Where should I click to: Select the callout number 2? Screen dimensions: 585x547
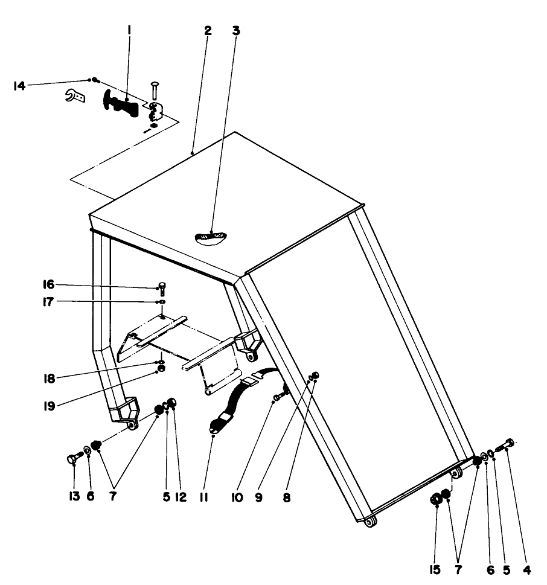tap(208, 31)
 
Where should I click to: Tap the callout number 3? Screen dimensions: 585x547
tap(236, 31)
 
